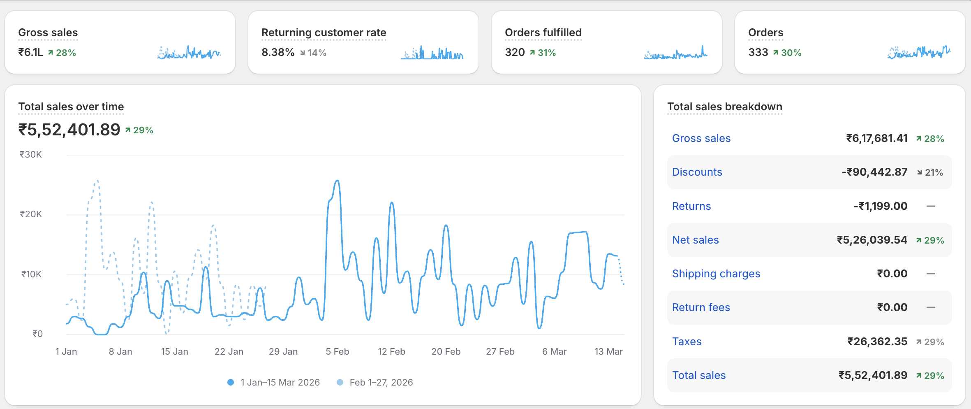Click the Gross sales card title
pos(48,33)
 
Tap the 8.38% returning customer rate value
pos(278,52)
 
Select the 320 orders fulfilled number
pos(515,52)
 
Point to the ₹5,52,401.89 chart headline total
pos(69,130)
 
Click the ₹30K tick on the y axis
pos(31,155)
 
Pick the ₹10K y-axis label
pos(31,274)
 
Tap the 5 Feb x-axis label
pos(337,351)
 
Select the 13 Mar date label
pos(608,351)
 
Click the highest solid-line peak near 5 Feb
pos(338,181)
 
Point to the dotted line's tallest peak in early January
pos(97,181)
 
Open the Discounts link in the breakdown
pos(697,172)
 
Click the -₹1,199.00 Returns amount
pos(880,206)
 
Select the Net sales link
pos(695,240)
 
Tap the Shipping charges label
pos(716,274)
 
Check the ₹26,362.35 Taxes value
pos(877,342)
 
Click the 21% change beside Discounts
pos(930,172)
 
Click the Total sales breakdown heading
pos(724,107)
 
